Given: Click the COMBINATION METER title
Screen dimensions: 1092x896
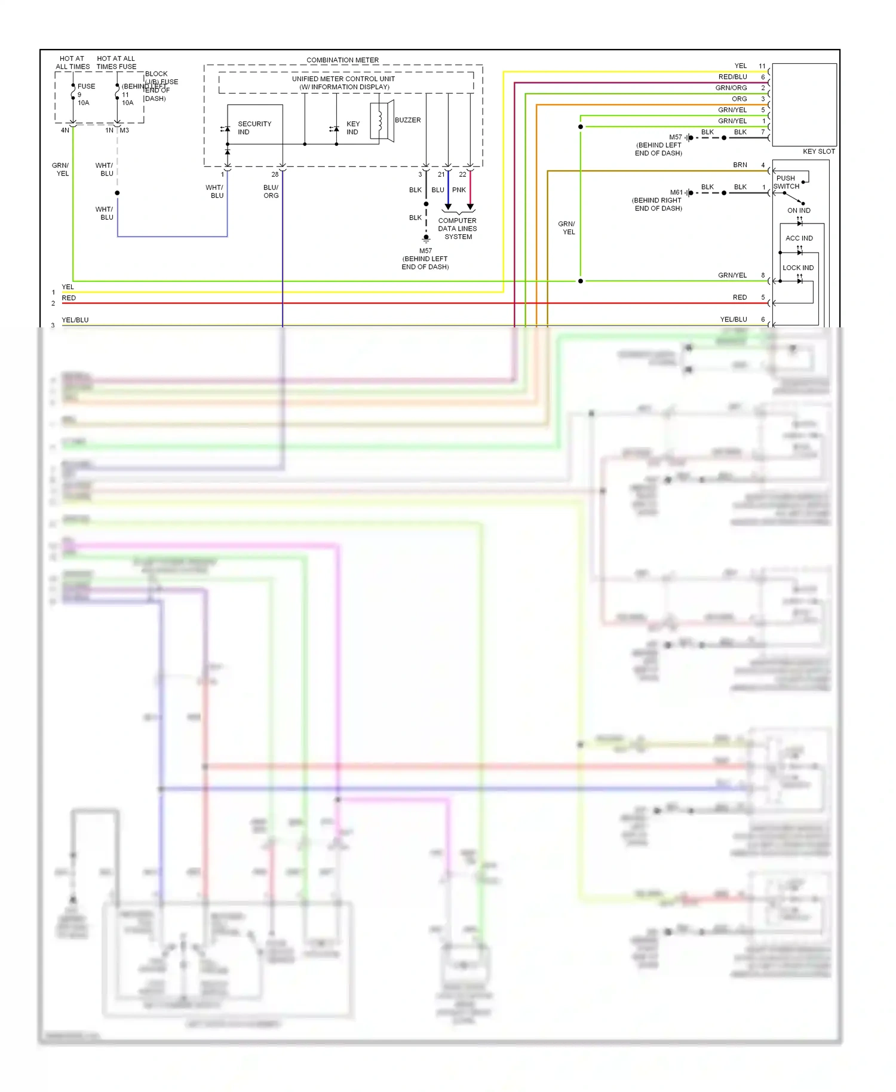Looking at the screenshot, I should pos(342,60).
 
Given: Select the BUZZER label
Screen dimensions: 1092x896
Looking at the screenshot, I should pos(407,120).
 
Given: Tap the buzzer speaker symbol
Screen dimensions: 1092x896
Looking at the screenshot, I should pos(382,121).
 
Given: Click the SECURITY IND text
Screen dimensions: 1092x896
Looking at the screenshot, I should pos(254,128).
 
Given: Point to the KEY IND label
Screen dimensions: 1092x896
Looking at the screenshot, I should pos(352,128).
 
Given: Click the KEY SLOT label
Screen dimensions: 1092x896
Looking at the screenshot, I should pos(818,151).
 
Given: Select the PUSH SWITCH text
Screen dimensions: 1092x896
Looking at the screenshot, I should pos(786,182).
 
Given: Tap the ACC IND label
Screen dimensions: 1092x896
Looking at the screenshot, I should pos(799,238).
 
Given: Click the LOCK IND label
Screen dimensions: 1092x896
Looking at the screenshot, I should pos(798,268).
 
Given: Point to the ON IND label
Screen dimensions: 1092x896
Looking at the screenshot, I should pos(799,210).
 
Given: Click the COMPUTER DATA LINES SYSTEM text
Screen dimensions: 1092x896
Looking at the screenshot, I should pos(458,229).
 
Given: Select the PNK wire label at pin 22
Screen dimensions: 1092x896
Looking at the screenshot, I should pos(459,190).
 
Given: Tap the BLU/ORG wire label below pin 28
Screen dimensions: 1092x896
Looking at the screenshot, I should pos(271,191).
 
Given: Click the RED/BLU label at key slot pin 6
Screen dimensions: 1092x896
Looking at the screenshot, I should pos(732,77).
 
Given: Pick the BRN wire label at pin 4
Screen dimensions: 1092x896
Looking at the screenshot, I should pos(739,165).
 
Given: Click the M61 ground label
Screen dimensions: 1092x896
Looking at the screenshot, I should pos(676,192).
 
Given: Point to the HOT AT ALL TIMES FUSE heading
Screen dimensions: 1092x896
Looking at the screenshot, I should pos(116,63).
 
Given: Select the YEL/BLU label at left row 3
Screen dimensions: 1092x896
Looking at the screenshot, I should pos(75,320).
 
